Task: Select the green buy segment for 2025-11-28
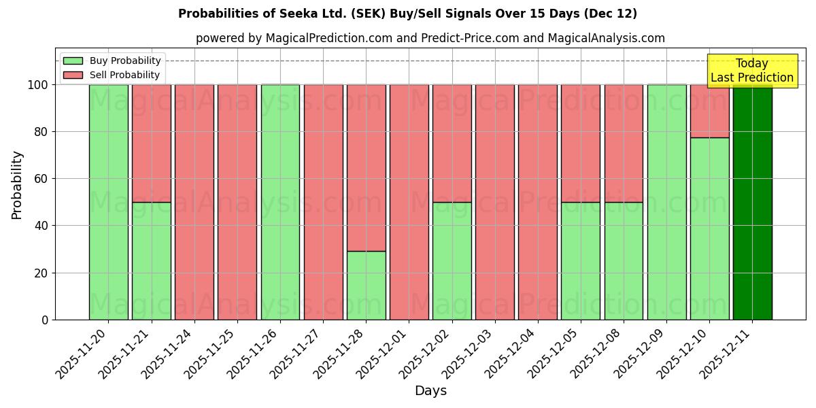point(366,286)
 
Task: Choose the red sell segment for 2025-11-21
point(151,143)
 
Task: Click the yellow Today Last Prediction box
point(751,71)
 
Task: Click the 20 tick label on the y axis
point(44,273)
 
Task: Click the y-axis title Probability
point(17,185)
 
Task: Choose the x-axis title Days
point(430,391)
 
